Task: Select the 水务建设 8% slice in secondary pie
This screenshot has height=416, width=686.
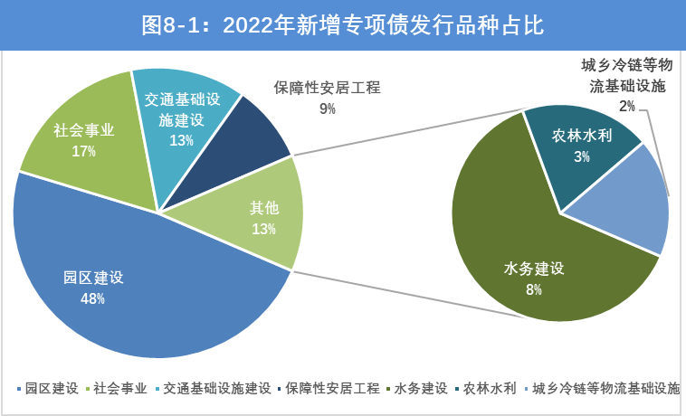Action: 534,262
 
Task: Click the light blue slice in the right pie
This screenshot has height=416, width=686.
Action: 634,203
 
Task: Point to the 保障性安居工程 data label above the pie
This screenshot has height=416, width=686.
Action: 327,88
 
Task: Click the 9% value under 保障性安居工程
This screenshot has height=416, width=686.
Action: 327,109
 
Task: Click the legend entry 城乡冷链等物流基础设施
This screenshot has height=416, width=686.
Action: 605,389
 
